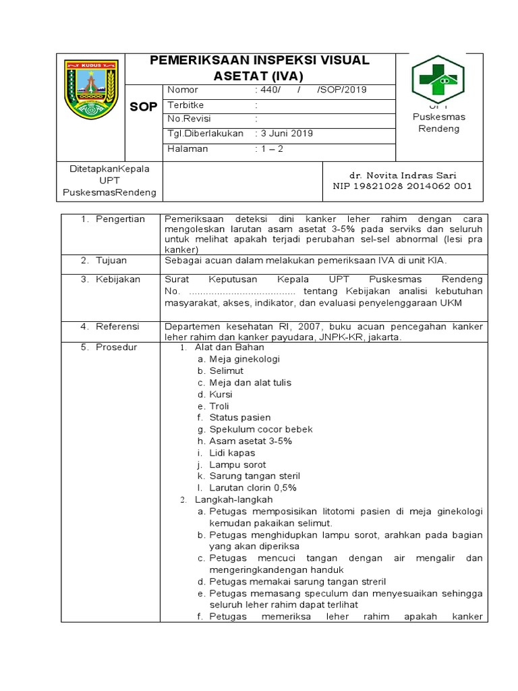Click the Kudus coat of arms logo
pos(91,90)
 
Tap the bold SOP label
pos(143,107)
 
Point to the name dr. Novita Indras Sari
pos(403,175)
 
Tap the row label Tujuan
pos(111,260)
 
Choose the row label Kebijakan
pos(117,279)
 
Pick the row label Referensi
pos(117,326)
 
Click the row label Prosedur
pos(116,347)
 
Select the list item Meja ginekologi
pos(244,359)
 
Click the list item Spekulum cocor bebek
pos(260,429)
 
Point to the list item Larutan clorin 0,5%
pos(253,487)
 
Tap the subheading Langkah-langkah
pos(233,499)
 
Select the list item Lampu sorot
pos(237,464)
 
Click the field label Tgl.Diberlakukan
pos(205,134)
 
